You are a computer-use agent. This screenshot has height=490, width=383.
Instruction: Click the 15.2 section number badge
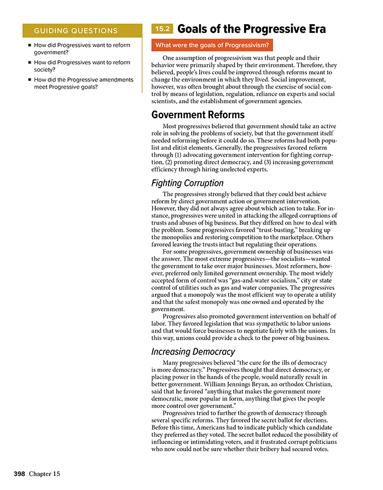click(163, 29)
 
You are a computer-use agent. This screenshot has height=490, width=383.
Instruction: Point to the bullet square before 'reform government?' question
click(29, 46)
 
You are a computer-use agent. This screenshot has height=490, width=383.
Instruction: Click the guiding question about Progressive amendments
click(83, 83)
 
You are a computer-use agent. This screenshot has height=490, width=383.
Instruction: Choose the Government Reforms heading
click(198, 115)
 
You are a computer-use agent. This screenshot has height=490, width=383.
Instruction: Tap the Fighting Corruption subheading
click(187, 183)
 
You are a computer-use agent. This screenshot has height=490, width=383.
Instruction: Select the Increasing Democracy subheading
click(193, 352)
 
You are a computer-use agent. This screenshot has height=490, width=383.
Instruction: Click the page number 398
click(21, 471)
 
